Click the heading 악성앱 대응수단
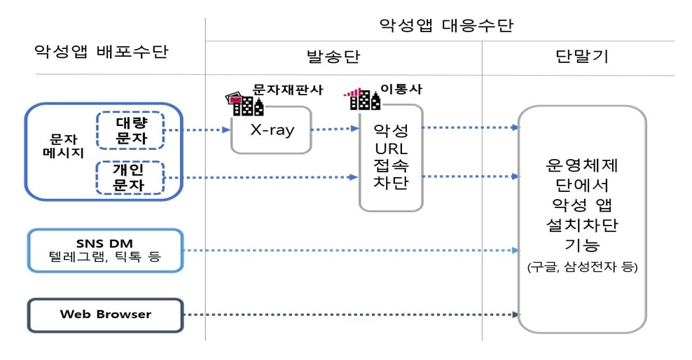[446, 25]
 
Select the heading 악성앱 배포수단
[102, 51]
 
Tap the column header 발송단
[333, 57]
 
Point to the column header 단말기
[581, 56]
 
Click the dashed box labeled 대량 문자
[130, 130]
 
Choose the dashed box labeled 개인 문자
[130, 177]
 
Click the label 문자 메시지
[63, 146]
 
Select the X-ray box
[272, 130]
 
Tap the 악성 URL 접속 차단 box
[391, 158]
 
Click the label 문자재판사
[288, 90]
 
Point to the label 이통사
[401, 89]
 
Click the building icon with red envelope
[244, 104]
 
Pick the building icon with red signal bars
[362, 99]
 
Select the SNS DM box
[105, 250]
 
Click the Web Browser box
[105, 314]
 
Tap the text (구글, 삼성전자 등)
[582, 267]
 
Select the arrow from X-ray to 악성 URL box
[335, 129]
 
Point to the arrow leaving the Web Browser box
[352, 314]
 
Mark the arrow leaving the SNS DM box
[352, 250]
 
